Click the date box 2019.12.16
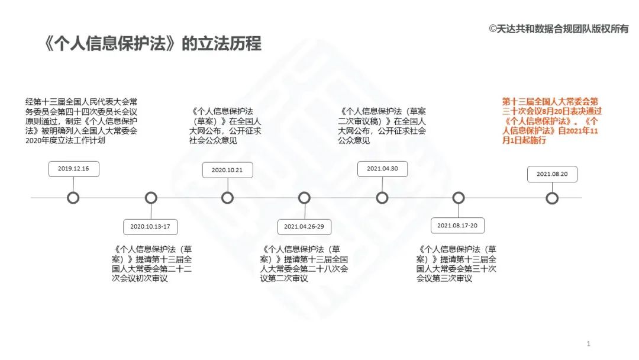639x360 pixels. click(x=73, y=169)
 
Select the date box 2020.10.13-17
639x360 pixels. click(x=150, y=226)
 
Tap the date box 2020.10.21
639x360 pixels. click(x=227, y=170)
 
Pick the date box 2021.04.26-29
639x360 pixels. click(x=304, y=226)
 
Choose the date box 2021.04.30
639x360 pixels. click(x=382, y=169)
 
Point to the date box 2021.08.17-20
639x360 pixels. click(x=458, y=226)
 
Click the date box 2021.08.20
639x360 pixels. click(x=552, y=174)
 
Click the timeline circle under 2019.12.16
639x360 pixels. click(x=73, y=198)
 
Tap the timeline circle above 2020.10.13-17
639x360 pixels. click(x=151, y=198)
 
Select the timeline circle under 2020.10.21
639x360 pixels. click(x=227, y=198)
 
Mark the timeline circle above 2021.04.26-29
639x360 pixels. click(x=304, y=198)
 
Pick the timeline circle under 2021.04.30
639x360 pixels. click(x=382, y=198)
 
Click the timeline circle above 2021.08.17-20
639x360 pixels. click(x=458, y=198)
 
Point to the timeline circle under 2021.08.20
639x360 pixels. click(x=552, y=198)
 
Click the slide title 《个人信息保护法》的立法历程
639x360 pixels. click(x=153, y=44)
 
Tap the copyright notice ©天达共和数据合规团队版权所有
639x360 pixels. click(x=559, y=28)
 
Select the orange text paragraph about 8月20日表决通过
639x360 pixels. click(x=551, y=121)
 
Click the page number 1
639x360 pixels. click(x=588, y=343)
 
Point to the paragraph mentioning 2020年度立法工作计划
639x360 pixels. click(x=82, y=121)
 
